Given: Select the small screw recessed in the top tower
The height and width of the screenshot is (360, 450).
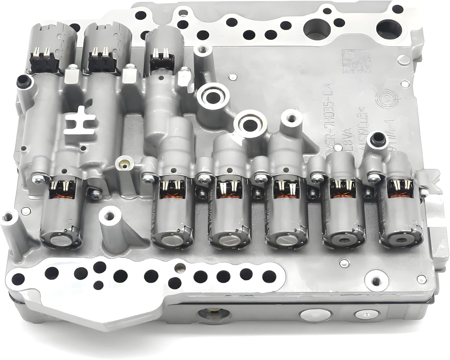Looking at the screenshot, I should (203, 48).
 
